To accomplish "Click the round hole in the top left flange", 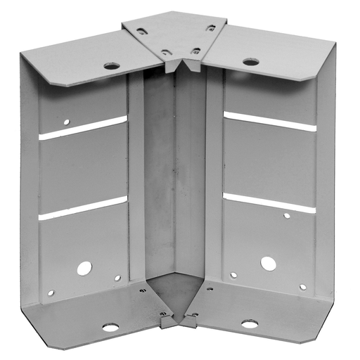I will click(111, 66).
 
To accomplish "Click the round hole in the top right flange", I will click(250, 62).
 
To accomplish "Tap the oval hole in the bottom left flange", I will click(110, 327).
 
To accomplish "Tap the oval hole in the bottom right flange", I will click(249, 324).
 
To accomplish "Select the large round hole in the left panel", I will click(84, 268).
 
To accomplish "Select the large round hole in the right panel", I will click(268, 264).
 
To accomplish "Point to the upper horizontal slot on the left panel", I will click(83, 128).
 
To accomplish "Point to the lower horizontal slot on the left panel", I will click(83, 209).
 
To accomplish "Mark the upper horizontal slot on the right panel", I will click(269, 121).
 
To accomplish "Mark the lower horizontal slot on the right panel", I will click(269, 202).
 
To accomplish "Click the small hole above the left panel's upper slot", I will click(67, 122).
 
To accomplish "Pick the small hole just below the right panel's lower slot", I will click(286, 215).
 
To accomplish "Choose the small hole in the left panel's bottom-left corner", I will click(51, 292).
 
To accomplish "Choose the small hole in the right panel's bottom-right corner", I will click(303, 287).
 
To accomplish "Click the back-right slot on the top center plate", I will click(210, 29).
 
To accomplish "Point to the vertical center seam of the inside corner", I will click(176, 176).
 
